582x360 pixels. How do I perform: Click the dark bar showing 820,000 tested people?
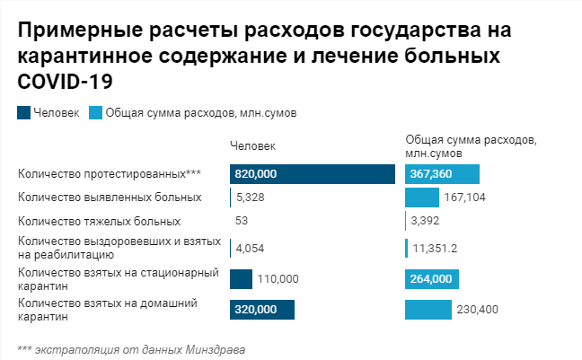312,174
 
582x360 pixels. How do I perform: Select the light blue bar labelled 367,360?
442,174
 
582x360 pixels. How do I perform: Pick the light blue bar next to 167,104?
421,198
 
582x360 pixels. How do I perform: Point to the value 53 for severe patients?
242,221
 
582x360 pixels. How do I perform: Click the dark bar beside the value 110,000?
241,279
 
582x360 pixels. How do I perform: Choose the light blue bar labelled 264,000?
431,279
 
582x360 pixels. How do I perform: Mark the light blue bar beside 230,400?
428,310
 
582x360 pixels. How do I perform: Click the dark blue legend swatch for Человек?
23,113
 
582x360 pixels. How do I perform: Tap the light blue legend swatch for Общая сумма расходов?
96,113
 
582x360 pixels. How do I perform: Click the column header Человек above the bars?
252,146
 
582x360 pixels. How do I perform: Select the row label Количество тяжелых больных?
99,221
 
